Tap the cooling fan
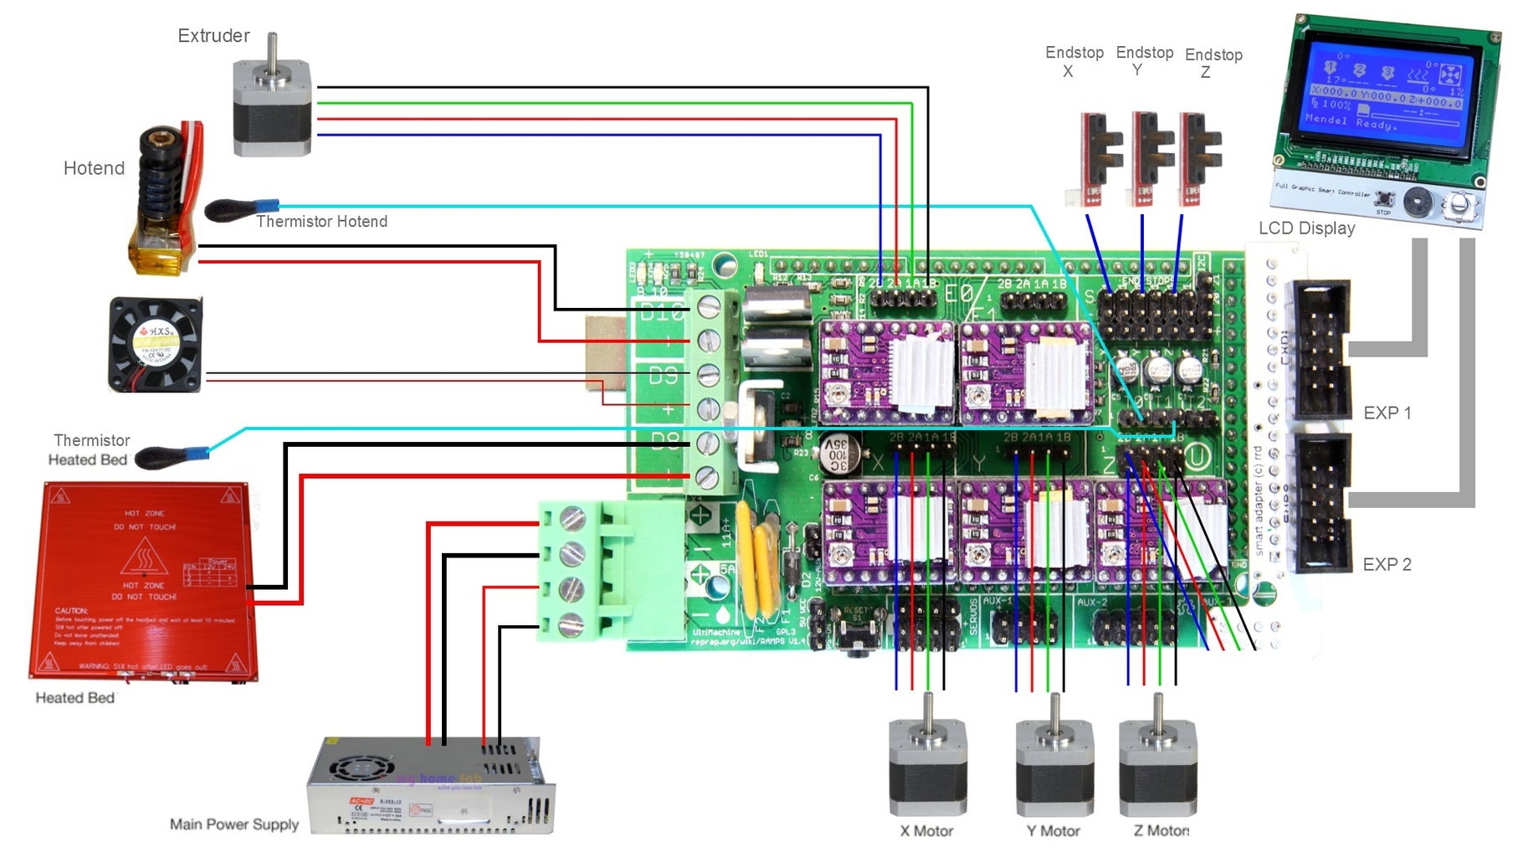[x=156, y=344]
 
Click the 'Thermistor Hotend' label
[x=321, y=222]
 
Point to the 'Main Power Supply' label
[x=234, y=824]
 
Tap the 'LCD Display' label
[x=1306, y=228]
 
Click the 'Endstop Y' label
[x=1144, y=60]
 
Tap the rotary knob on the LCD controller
[x=1460, y=203]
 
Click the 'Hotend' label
[x=94, y=168]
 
